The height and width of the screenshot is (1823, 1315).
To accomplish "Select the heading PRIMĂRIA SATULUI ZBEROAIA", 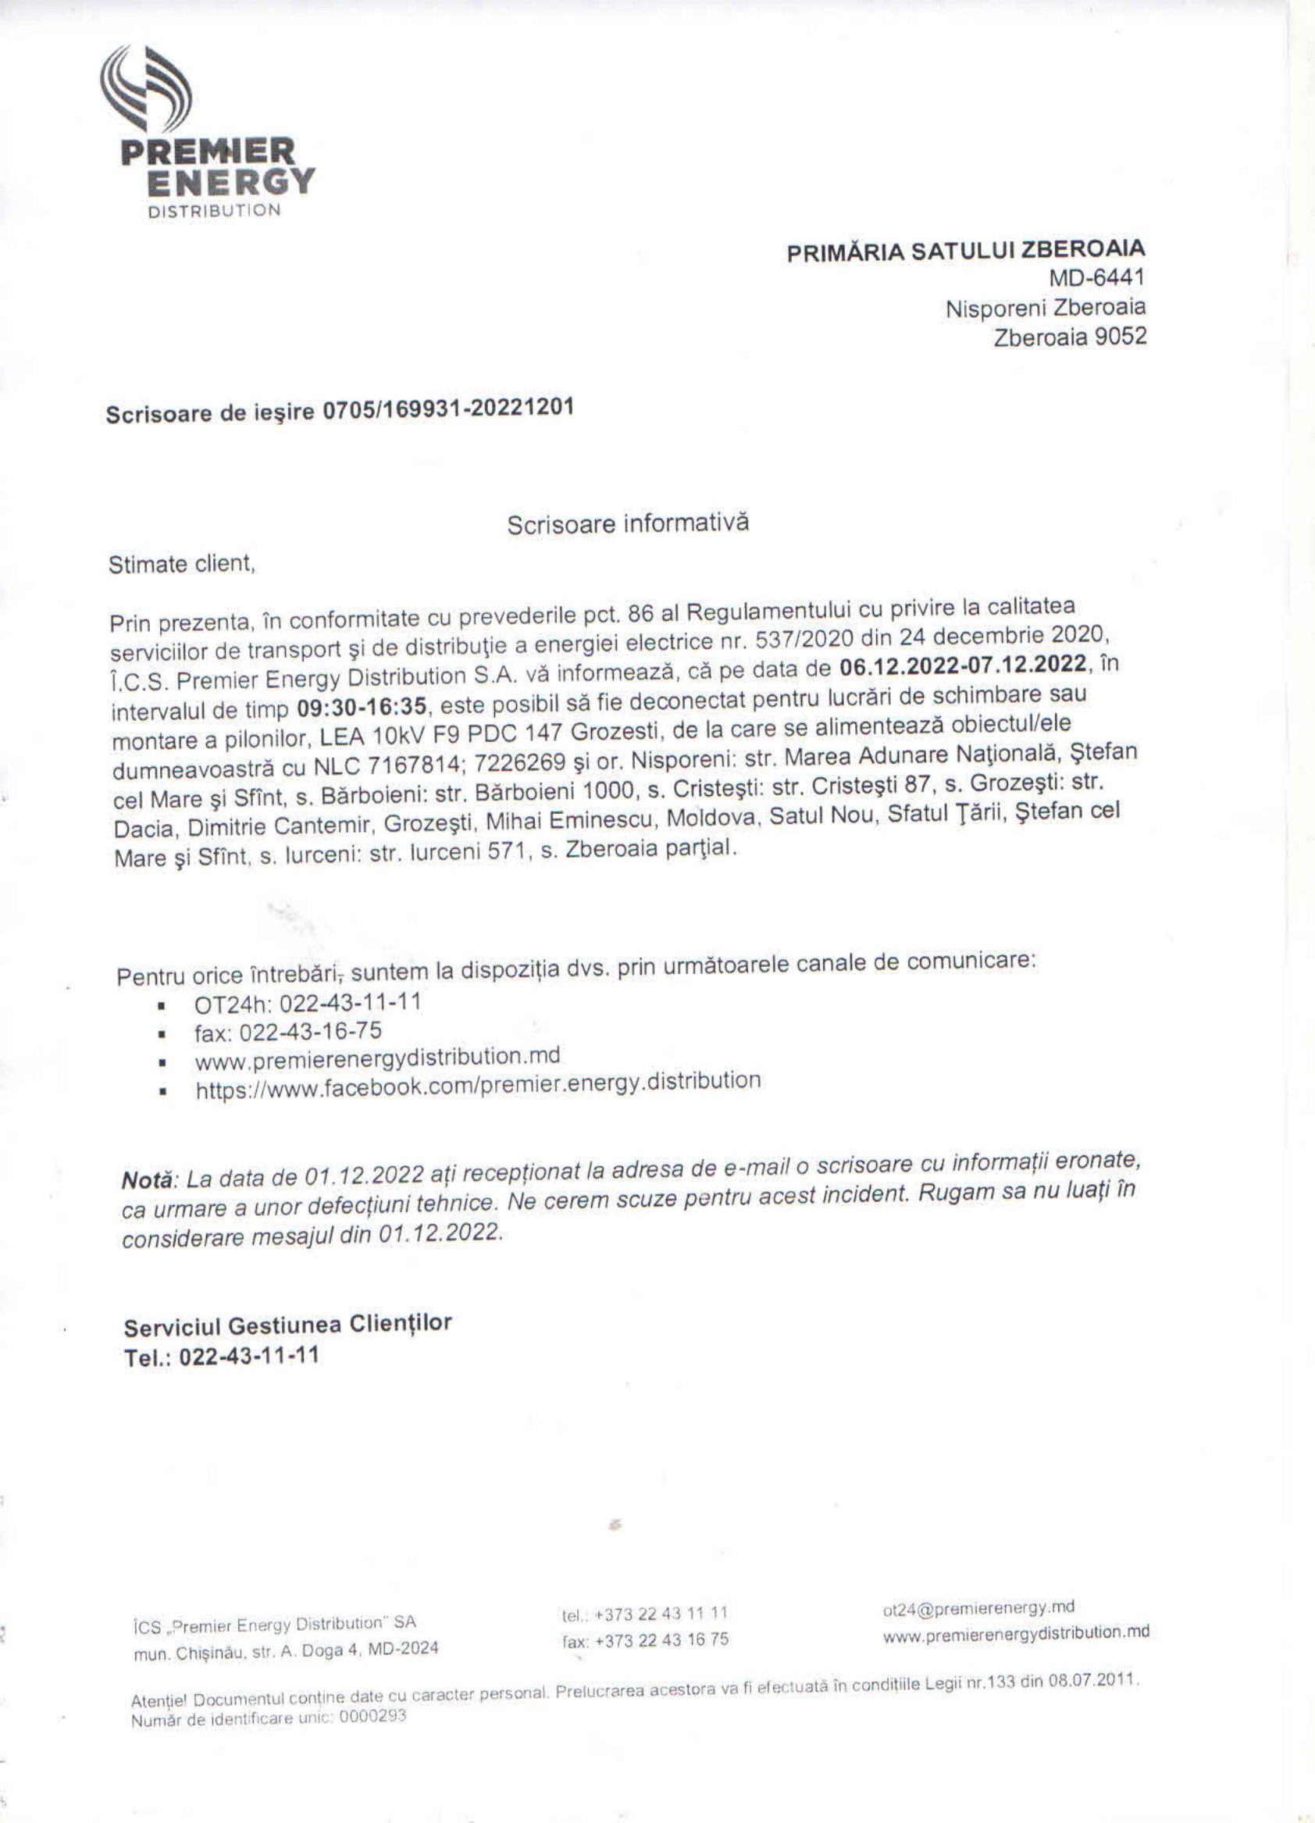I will (965, 251).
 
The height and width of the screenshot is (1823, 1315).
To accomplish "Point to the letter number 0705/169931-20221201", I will (447, 409).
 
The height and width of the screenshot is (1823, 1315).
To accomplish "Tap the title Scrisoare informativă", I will (628, 524).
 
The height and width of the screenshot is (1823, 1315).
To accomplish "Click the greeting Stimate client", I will (182, 564).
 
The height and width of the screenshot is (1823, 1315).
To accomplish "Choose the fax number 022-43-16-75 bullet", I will (289, 1031).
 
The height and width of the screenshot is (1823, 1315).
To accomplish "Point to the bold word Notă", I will (147, 1180).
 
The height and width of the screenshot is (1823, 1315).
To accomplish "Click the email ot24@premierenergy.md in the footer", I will (978, 1607).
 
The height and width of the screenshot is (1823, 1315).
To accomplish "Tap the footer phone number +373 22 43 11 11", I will (645, 1612).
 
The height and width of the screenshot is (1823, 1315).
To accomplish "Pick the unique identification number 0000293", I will (372, 1716).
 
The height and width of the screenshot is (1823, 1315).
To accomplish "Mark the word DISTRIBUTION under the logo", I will (214, 211).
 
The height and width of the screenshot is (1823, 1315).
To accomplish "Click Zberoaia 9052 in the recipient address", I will (1069, 337).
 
